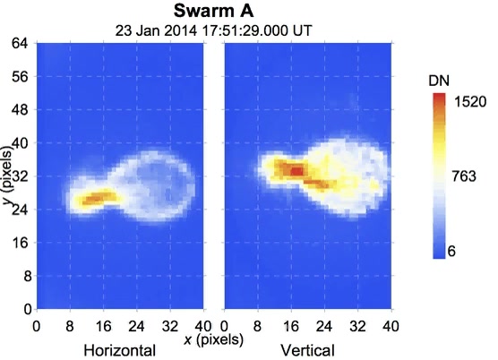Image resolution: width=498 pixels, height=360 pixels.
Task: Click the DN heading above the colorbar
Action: (439, 82)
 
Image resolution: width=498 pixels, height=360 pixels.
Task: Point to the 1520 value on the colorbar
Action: (470, 101)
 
